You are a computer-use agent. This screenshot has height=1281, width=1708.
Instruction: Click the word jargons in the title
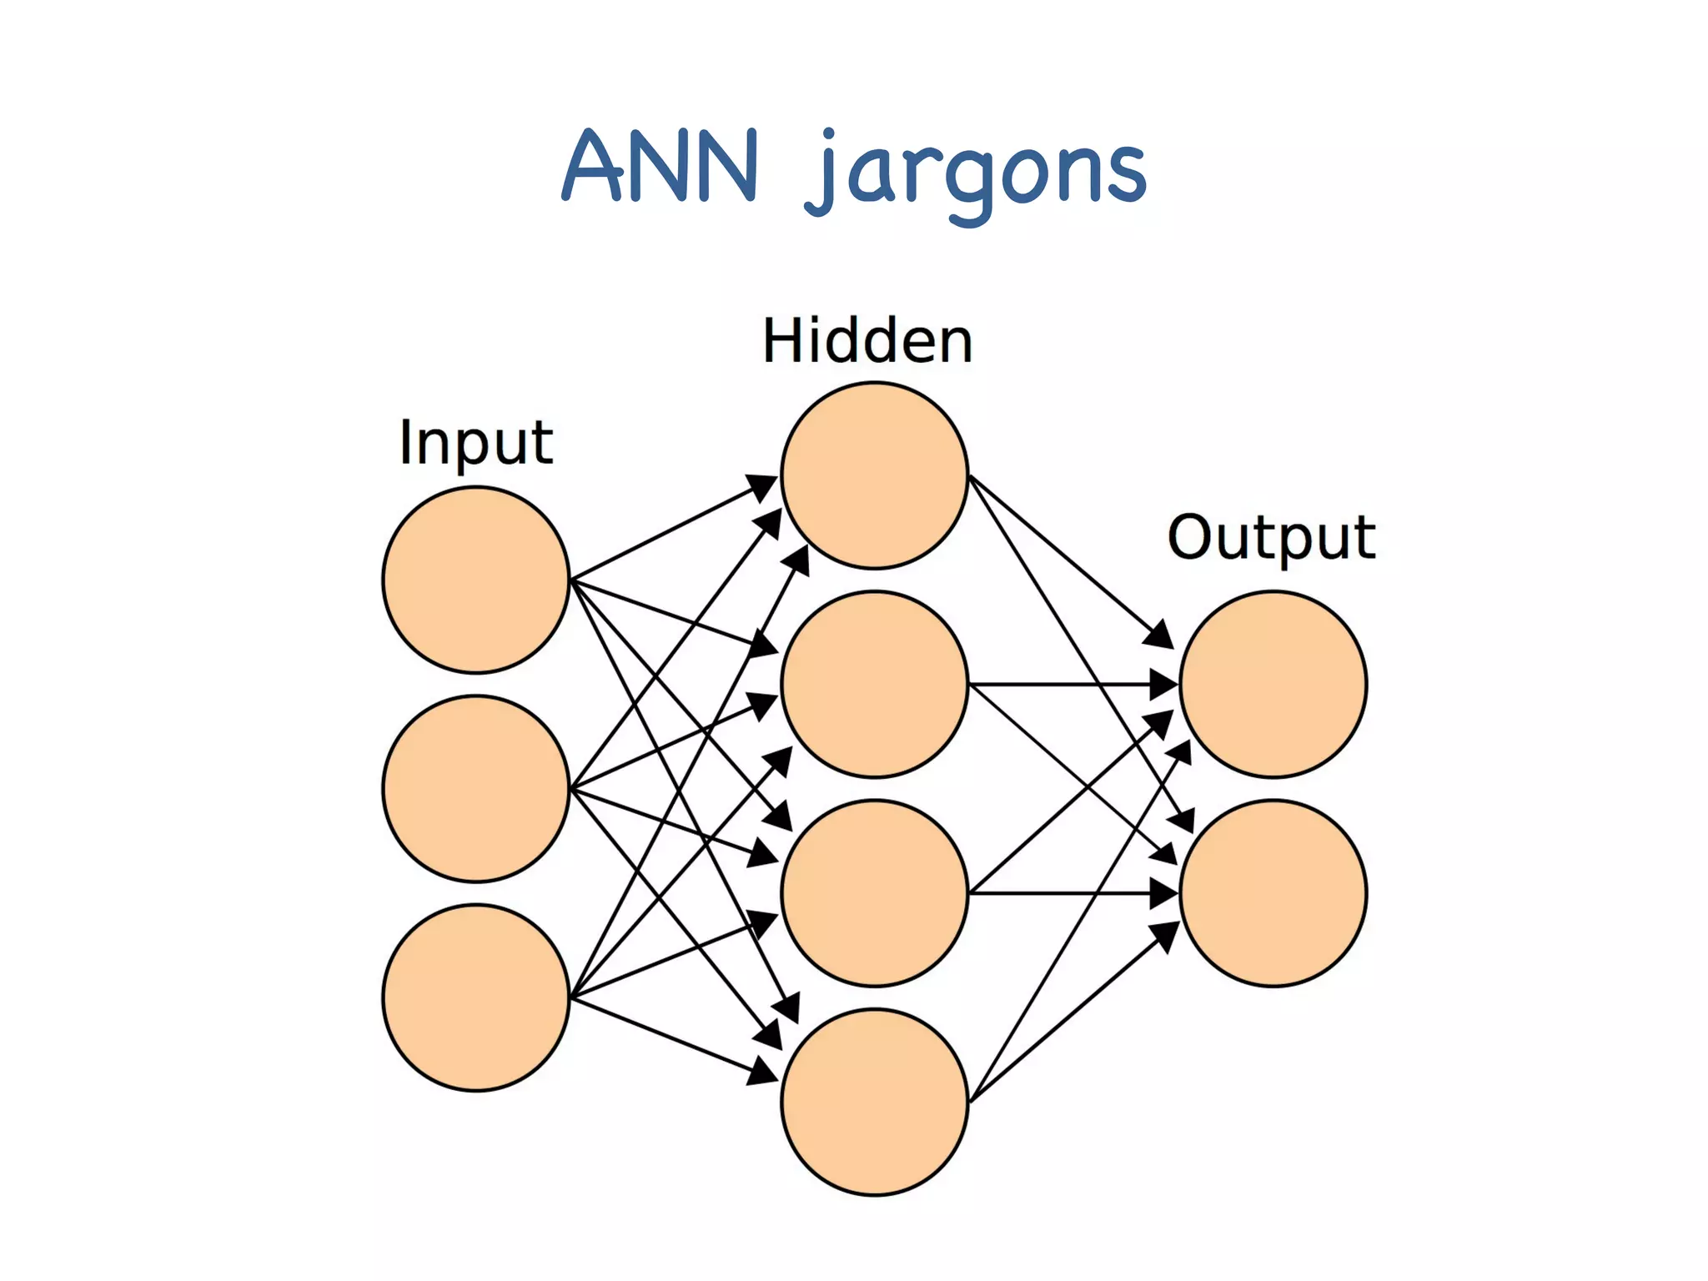tap(976, 172)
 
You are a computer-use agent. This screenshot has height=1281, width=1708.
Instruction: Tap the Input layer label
tap(475, 443)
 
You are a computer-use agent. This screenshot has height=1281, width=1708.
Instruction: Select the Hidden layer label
tap(867, 341)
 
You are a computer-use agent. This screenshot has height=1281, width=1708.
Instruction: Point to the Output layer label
tap(1271, 538)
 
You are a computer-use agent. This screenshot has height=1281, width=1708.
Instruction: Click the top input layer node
tap(476, 580)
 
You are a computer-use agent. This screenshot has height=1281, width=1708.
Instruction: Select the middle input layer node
tap(476, 789)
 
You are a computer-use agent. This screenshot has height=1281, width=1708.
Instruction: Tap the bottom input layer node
tap(476, 997)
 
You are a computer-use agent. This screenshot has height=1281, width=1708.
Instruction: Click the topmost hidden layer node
tap(874, 475)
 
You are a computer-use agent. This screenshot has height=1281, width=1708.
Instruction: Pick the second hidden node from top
tap(874, 685)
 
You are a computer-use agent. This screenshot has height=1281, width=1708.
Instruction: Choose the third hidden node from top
tap(874, 893)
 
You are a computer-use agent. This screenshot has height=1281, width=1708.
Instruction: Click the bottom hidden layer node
tap(874, 1102)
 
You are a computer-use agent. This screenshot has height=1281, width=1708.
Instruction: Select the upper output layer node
tap(1273, 685)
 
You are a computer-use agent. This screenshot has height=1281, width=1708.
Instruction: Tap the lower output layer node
tap(1273, 893)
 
